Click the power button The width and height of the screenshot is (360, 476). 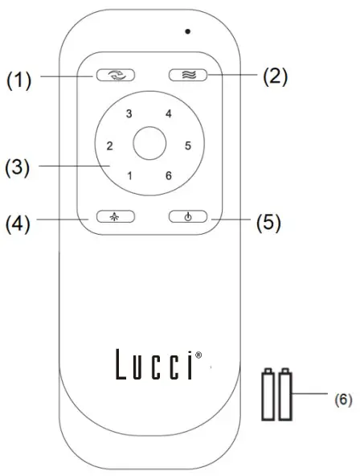[188, 216]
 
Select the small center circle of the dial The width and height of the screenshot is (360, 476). [149, 146]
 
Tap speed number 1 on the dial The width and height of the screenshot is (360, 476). [129, 176]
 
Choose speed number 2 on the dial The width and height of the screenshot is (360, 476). [108, 146]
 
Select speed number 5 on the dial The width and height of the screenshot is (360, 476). [188, 146]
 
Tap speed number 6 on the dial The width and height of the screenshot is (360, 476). [168, 176]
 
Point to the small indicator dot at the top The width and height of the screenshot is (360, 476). [186, 31]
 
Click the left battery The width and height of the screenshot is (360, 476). [268, 394]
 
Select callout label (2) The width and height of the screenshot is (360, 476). [272, 77]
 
